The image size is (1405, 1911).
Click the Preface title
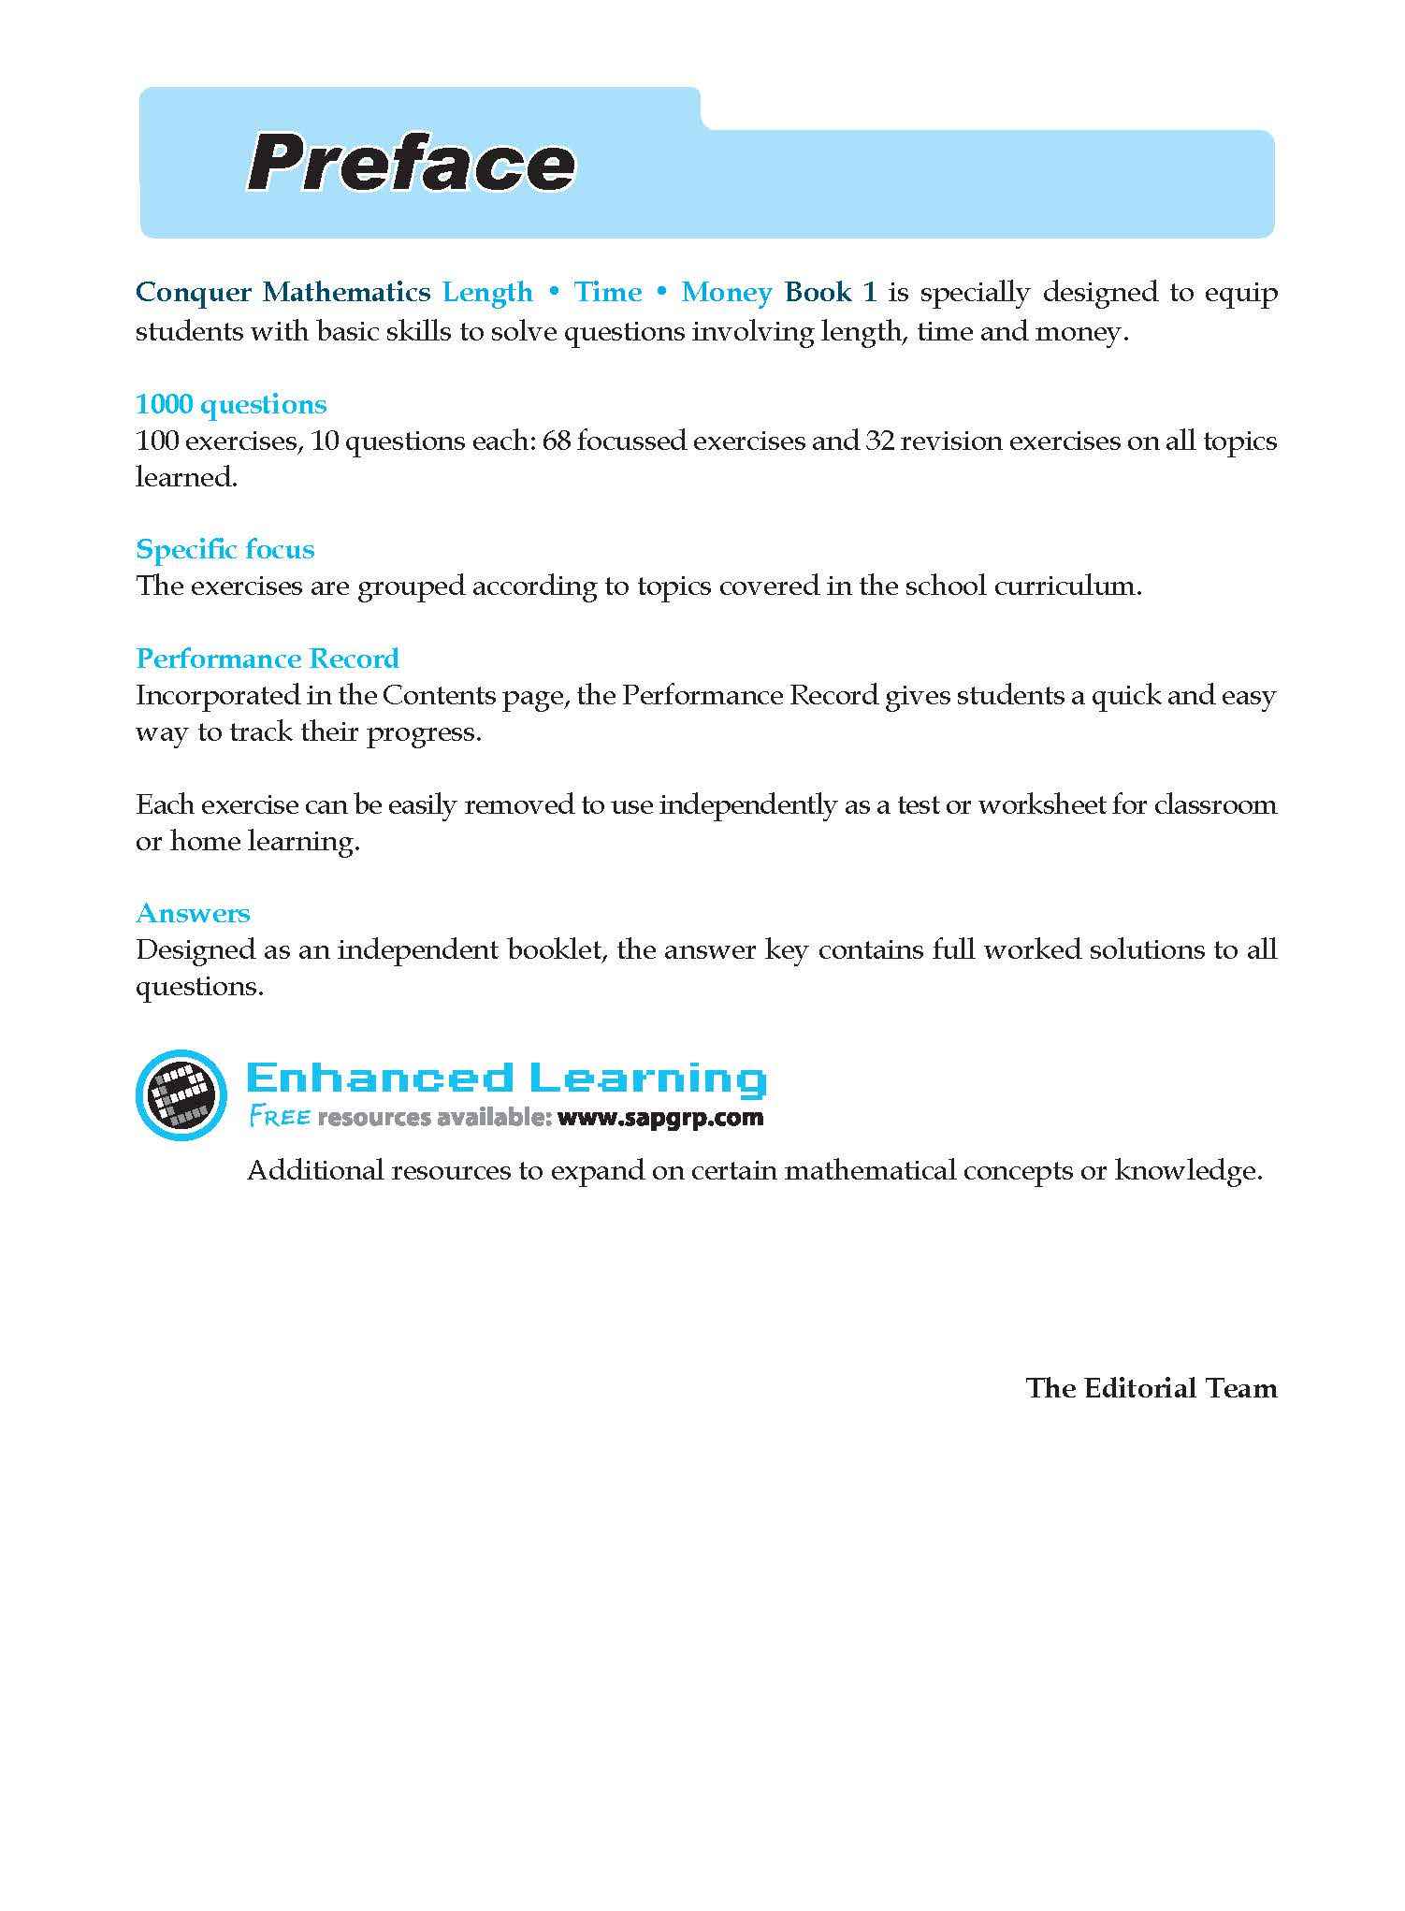[x=410, y=165]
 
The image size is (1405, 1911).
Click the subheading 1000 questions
[x=231, y=404]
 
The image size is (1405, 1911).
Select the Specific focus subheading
[x=225, y=549]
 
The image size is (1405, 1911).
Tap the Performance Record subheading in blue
[x=268, y=659]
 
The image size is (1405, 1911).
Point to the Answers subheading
[x=193, y=913]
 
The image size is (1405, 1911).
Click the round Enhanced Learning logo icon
[x=181, y=1093]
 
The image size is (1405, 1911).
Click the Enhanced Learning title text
[x=505, y=1078]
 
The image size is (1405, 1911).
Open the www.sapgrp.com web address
[x=659, y=1118]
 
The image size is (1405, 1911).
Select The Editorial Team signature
[x=1151, y=1387]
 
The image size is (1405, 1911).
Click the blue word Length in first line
[x=486, y=293]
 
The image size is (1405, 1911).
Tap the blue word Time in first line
[x=608, y=293]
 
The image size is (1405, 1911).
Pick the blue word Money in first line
[x=726, y=293]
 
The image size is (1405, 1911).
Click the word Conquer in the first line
[x=195, y=293]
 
